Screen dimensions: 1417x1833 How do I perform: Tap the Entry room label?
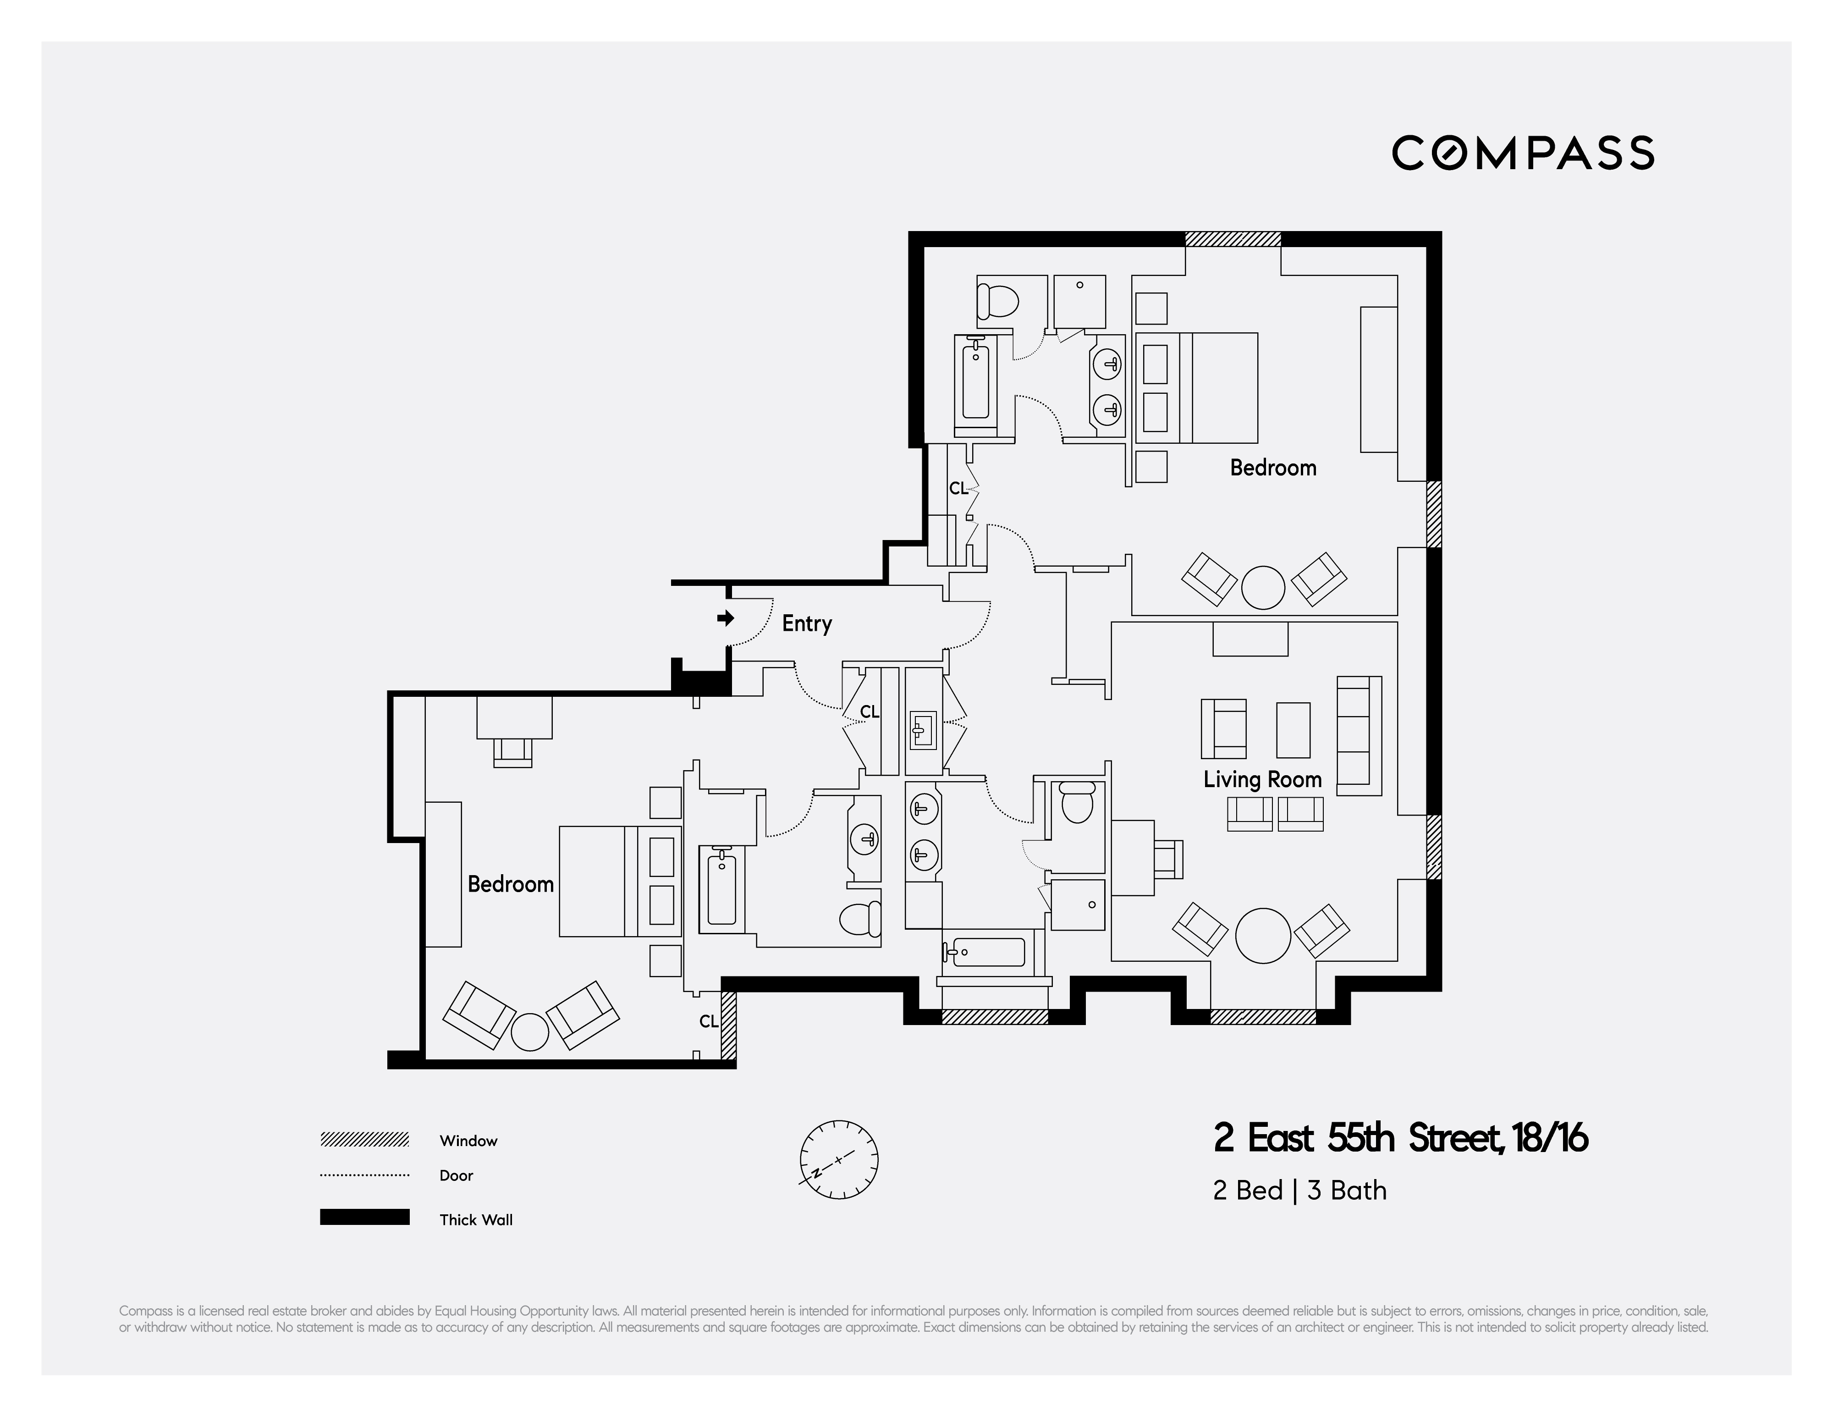click(807, 624)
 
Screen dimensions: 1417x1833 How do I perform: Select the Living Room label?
click(1262, 780)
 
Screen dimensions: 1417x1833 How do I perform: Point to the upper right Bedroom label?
click(1272, 468)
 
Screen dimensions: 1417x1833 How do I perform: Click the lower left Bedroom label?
click(510, 884)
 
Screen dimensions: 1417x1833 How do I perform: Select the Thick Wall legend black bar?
click(364, 1217)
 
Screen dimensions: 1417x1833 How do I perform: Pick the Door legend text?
click(457, 1175)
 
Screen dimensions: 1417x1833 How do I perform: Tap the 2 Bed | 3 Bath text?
click(1299, 1191)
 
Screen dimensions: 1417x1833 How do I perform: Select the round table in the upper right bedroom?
click(1262, 587)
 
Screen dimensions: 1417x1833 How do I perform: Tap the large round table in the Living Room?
click(1263, 935)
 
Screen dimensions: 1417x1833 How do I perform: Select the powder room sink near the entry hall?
click(923, 728)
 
